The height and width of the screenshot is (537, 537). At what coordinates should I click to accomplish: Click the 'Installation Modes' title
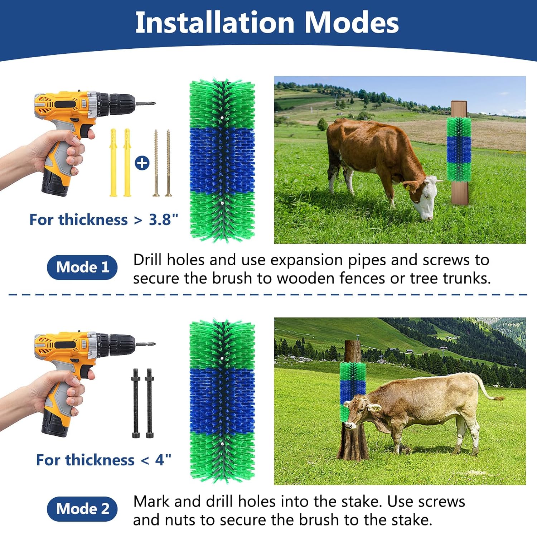pos(267,23)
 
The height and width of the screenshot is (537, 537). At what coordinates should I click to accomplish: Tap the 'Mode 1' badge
pos(82,267)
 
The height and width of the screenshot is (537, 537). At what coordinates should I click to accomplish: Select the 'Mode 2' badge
pos(82,509)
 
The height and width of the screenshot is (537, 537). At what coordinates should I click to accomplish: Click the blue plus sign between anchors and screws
pos(142,163)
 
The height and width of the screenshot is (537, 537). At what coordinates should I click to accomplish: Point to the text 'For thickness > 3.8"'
pos(103,219)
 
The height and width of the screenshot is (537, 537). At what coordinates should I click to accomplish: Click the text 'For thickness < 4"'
pos(103,460)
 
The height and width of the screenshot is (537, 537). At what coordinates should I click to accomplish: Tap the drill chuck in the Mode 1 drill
pos(122,103)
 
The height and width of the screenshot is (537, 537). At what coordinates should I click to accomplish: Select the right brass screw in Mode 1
pos(168,163)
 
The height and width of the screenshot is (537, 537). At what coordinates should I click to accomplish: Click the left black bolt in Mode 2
pos(136,403)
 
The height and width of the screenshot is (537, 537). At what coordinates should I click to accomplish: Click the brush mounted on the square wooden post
pos(459,149)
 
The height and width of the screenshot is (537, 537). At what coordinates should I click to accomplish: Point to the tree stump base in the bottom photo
pos(353,444)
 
